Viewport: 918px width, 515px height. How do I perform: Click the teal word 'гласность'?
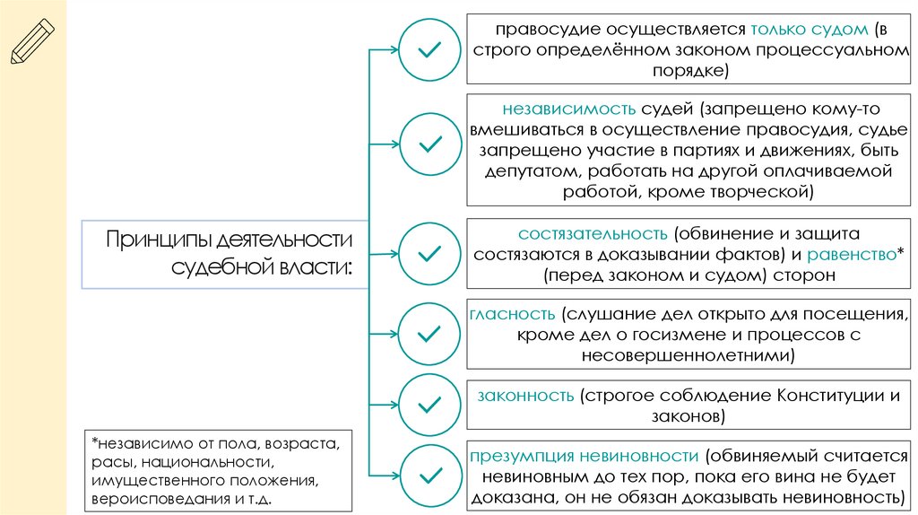click(x=512, y=314)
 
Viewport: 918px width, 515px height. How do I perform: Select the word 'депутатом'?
click(x=529, y=170)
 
